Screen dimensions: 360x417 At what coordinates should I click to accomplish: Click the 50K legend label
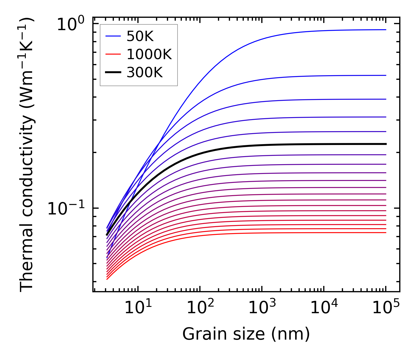pos(140,36)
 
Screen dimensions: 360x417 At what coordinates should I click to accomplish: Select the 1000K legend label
pos(149,54)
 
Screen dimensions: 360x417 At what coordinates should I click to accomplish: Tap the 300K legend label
pos(145,72)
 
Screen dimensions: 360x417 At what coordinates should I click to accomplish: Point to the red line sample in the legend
pos(113,54)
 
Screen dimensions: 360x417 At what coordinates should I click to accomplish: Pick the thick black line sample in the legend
pos(113,72)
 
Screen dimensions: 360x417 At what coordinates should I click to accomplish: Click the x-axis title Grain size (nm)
pos(246,334)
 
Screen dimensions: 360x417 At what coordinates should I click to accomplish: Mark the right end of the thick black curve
pos(386,144)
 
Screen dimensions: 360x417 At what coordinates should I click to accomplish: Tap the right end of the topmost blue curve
pos(386,30)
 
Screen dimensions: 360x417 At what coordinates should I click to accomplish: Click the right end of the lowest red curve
pos(386,233)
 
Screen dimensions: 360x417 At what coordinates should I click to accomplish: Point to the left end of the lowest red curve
pos(107,279)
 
